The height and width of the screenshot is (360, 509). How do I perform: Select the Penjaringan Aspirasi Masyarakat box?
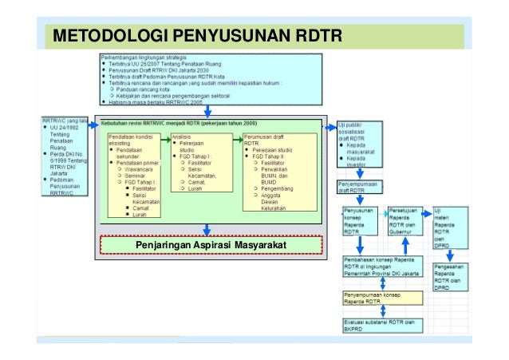(210, 243)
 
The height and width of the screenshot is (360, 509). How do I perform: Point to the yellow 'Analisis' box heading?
(183, 136)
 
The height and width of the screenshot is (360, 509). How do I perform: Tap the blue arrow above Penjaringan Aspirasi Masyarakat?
(210, 227)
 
